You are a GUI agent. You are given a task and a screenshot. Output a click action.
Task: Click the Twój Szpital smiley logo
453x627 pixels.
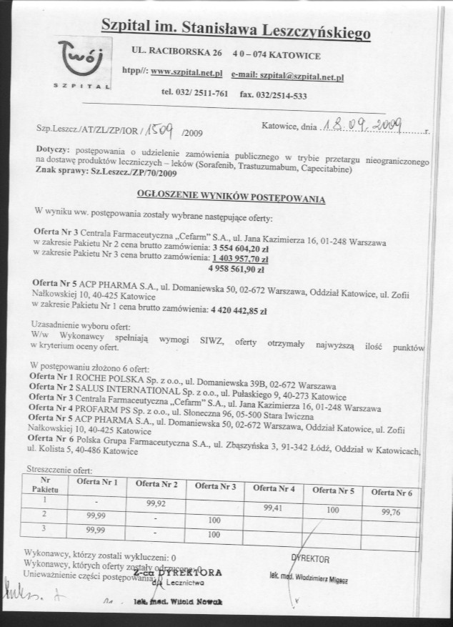81,57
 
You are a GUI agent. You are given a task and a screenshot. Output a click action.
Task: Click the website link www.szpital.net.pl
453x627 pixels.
186,72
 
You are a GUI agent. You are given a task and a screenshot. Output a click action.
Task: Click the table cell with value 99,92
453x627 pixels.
156,503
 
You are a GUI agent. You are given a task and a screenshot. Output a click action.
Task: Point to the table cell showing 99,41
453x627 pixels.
274,508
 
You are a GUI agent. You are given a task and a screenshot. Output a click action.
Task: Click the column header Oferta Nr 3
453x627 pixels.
215,486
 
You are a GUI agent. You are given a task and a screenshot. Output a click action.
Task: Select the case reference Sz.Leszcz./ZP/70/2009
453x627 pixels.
119,172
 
